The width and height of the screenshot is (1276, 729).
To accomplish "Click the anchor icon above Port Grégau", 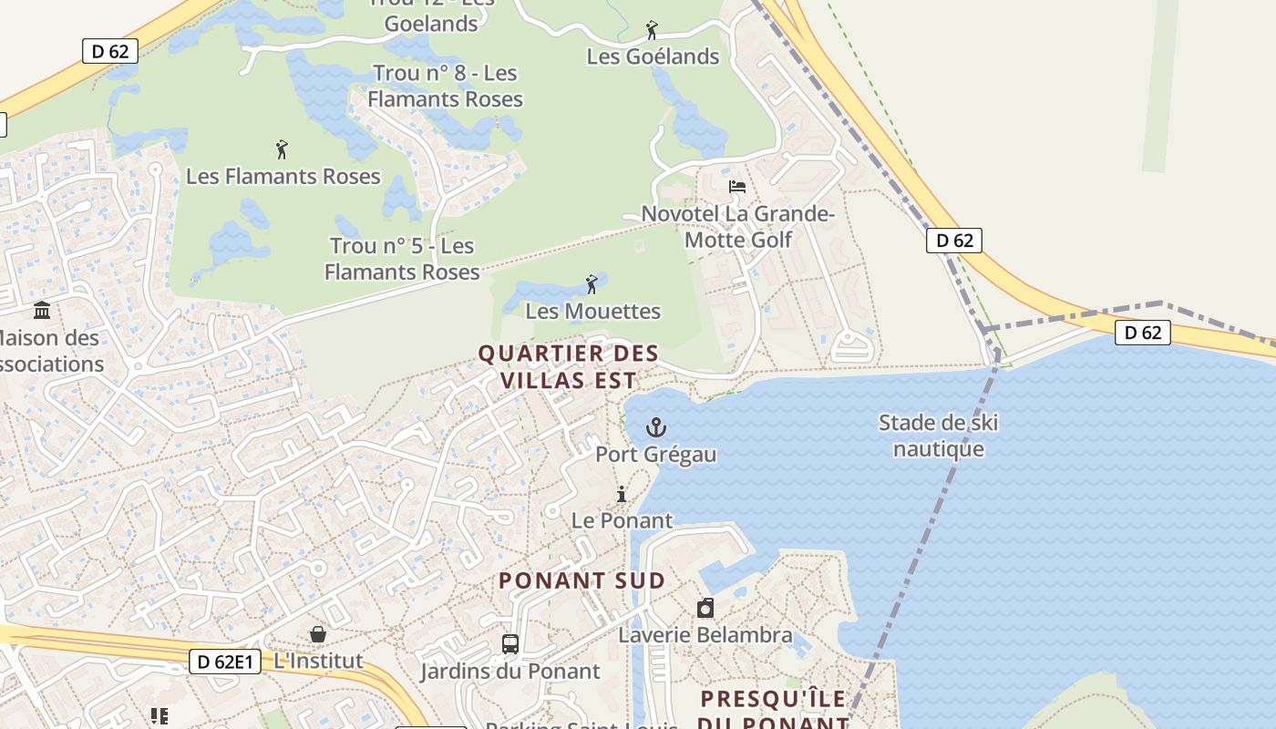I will [x=655, y=427].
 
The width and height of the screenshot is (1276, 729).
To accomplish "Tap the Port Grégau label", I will [x=655, y=454].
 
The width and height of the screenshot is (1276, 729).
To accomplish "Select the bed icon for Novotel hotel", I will [x=737, y=187].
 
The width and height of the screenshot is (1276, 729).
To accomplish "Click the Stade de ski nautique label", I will [x=938, y=436].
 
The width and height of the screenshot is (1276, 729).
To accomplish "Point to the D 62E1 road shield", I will [x=225, y=661].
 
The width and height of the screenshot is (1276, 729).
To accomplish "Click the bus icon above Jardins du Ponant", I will [x=510, y=644].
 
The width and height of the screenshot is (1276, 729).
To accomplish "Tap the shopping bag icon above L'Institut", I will [x=318, y=634].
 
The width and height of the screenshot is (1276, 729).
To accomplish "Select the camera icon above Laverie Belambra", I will [x=705, y=608].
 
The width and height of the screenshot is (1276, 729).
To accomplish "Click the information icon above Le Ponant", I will [x=622, y=495].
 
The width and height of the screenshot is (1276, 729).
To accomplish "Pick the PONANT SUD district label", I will [x=581, y=580].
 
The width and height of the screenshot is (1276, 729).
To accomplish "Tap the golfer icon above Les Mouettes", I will [x=592, y=284].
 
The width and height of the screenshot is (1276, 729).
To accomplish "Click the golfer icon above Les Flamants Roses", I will [x=282, y=149].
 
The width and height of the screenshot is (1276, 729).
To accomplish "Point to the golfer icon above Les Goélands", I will [x=652, y=30].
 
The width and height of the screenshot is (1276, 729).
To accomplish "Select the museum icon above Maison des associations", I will [x=42, y=311].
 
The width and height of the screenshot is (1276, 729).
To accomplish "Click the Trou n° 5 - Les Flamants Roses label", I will [x=402, y=259].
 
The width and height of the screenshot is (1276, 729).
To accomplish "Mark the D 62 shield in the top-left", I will [x=110, y=51].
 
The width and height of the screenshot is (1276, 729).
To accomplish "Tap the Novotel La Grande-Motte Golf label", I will [x=738, y=227].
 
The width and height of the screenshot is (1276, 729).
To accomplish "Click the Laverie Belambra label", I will [x=705, y=635].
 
